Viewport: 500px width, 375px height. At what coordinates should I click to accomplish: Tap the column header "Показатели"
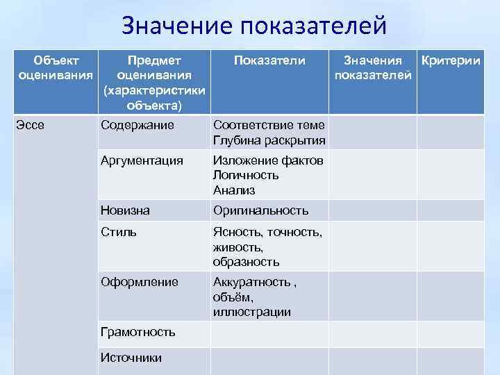click(269, 61)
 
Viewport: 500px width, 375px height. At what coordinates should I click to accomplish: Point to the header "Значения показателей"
click(373, 68)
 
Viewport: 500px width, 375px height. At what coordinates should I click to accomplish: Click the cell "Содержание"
click(137, 125)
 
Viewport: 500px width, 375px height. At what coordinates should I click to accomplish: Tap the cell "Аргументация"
click(142, 160)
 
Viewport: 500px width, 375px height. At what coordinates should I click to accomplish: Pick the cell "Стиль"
click(119, 232)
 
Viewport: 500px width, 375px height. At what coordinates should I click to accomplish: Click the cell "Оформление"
click(140, 282)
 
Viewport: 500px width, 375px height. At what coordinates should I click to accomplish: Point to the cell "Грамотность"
click(138, 332)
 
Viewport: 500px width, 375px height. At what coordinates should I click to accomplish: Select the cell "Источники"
click(131, 358)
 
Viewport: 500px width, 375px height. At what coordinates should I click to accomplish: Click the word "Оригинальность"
click(260, 210)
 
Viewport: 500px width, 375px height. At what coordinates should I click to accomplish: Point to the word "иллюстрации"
click(252, 312)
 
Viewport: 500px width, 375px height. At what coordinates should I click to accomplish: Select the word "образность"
click(246, 262)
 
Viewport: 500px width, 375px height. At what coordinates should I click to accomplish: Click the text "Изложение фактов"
click(268, 160)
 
